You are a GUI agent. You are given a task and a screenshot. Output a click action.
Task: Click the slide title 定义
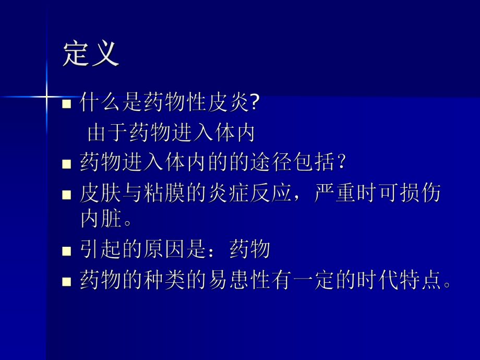91,54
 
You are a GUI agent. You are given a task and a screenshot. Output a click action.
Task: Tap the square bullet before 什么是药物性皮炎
67,103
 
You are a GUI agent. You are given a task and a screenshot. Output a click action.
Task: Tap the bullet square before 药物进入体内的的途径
67,164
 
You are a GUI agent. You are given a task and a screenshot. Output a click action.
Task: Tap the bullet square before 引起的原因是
67,251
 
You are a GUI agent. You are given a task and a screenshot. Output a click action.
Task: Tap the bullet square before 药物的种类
67,282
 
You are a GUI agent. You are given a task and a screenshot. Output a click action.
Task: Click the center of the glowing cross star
47,96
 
